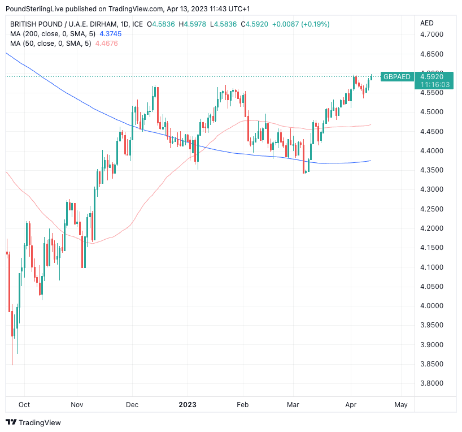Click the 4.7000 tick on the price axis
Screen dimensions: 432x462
click(431, 34)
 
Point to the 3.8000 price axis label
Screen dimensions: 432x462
click(431, 383)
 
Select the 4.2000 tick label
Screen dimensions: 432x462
click(431, 228)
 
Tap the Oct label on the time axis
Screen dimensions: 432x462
click(24, 405)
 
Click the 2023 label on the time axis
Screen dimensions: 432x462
click(188, 405)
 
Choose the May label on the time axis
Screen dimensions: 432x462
click(400, 405)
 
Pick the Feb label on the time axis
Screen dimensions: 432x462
click(242, 405)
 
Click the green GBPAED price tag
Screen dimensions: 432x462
click(396, 77)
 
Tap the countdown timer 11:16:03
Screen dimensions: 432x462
click(434, 84)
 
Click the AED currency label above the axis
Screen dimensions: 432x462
click(427, 23)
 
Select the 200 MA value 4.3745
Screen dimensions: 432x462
click(110, 34)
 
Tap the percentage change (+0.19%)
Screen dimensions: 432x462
click(313, 24)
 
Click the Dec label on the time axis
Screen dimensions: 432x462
click(132, 405)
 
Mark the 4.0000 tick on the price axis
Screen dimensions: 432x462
click(431, 306)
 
